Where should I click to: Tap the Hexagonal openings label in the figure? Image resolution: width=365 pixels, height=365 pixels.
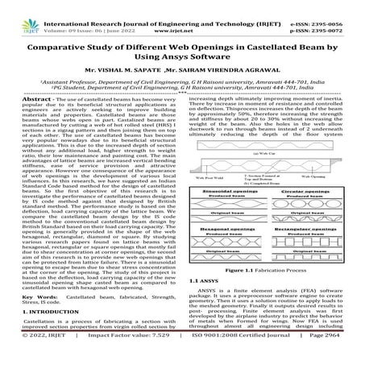pyautogui.click(x=228, y=229)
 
